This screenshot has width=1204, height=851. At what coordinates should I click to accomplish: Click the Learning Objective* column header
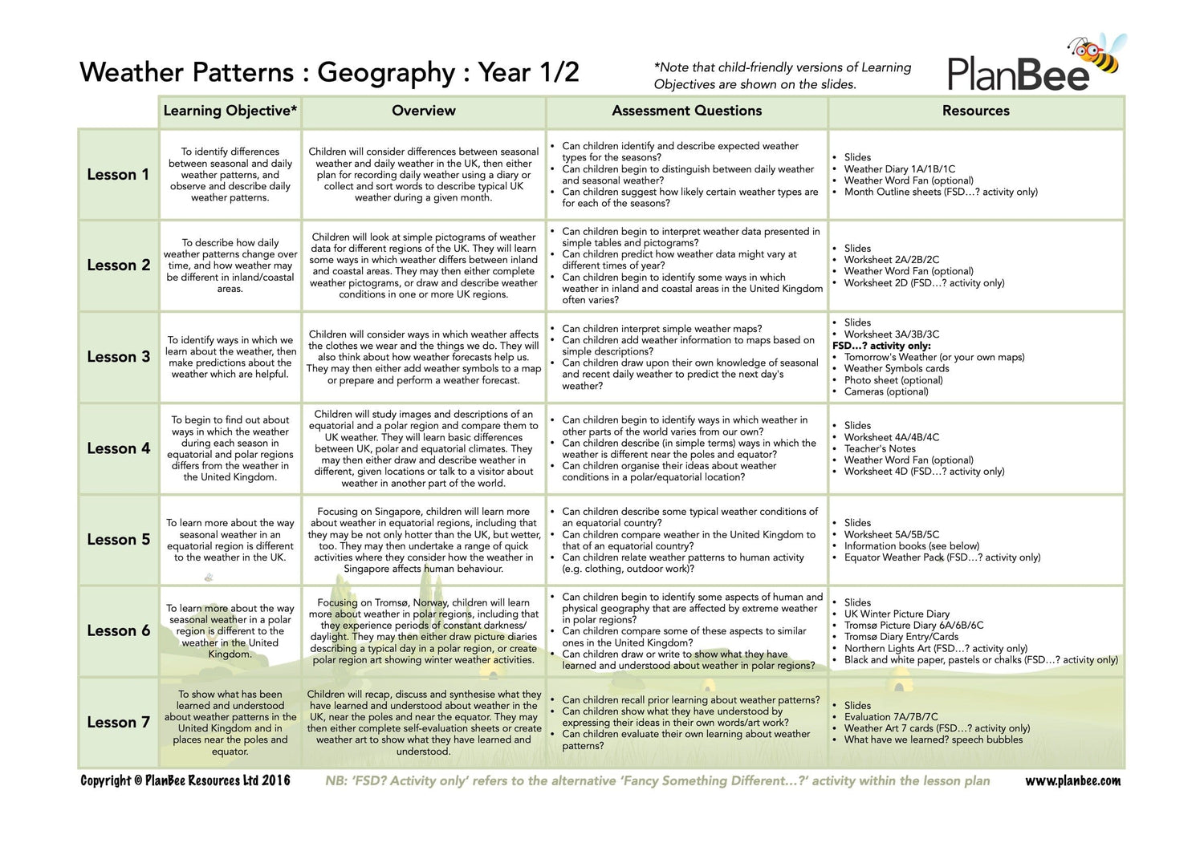pyautogui.click(x=230, y=111)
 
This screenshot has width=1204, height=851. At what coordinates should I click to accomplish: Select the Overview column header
pyautogui.click(x=424, y=111)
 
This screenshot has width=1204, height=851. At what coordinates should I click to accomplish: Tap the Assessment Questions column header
pyautogui.click(x=686, y=111)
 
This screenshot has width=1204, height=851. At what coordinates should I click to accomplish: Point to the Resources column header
pyautogui.click(x=975, y=111)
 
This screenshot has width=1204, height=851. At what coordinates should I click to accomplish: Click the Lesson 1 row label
pyautogui.click(x=118, y=174)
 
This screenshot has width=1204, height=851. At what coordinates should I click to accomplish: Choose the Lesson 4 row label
pyautogui.click(x=118, y=448)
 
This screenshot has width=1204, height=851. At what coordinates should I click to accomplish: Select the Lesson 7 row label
pyautogui.click(x=118, y=722)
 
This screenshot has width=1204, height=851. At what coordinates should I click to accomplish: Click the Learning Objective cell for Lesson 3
pyautogui.click(x=230, y=357)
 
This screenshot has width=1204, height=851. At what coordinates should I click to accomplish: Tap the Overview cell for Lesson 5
pyautogui.click(x=424, y=540)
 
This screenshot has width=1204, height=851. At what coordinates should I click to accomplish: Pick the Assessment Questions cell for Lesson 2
pyautogui.click(x=686, y=265)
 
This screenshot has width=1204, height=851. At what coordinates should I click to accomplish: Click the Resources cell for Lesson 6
pyautogui.click(x=975, y=631)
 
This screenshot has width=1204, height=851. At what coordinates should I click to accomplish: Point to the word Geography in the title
pyautogui.click(x=386, y=73)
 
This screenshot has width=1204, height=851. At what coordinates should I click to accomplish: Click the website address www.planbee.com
pyautogui.click(x=1072, y=780)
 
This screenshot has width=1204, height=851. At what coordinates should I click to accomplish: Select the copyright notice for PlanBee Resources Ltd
pyautogui.click(x=185, y=780)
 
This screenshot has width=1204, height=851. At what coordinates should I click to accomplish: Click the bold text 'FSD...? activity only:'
pyautogui.click(x=881, y=346)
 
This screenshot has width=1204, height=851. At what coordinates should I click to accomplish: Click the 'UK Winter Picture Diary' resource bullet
pyautogui.click(x=897, y=614)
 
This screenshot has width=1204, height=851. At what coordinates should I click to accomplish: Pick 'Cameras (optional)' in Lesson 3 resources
pyautogui.click(x=886, y=391)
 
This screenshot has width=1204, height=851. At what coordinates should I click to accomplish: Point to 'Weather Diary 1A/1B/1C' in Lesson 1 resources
pyautogui.click(x=899, y=169)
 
